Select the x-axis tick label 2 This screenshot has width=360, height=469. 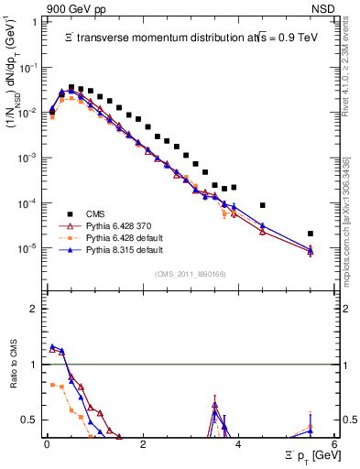143,444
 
